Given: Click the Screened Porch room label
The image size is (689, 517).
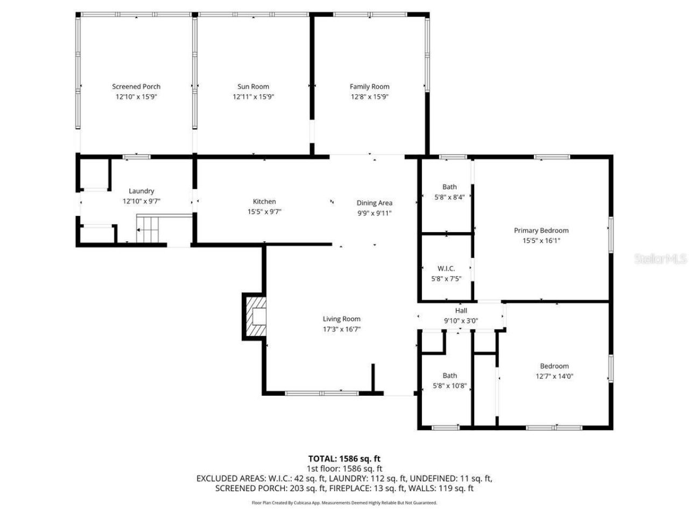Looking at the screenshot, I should (x=136, y=86).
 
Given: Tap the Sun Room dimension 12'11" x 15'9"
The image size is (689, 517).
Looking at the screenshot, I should (x=254, y=97).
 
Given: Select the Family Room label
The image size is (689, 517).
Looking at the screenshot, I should (x=369, y=86).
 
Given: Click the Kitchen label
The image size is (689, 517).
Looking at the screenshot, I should (x=264, y=201).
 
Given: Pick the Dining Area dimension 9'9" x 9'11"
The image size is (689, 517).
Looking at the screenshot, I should (x=374, y=213).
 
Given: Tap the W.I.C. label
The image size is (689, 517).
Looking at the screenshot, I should (x=446, y=268).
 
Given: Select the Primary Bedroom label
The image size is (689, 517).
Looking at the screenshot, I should (x=541, y=230).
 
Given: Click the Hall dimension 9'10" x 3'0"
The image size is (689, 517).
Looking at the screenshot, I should (x=461, y=320).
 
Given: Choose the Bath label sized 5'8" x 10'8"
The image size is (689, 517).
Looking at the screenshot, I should (x=450, y=375).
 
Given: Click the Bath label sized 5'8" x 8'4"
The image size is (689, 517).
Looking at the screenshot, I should (x=449, y=187).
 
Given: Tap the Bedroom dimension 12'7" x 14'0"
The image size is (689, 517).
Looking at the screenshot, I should (x=554, y=376).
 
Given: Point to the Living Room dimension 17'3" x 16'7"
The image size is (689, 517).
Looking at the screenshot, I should (x=341, y=329).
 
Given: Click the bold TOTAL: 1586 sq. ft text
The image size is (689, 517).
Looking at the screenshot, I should (x=344, y=459).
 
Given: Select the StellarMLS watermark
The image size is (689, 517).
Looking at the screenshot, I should (x=660, y=259).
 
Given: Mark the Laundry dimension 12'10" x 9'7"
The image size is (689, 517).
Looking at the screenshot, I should (x=142, y=201).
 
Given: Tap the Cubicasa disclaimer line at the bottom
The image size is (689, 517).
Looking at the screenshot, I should (x=344, y=502).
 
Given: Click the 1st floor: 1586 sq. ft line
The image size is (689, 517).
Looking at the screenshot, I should (x=344, y=469).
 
